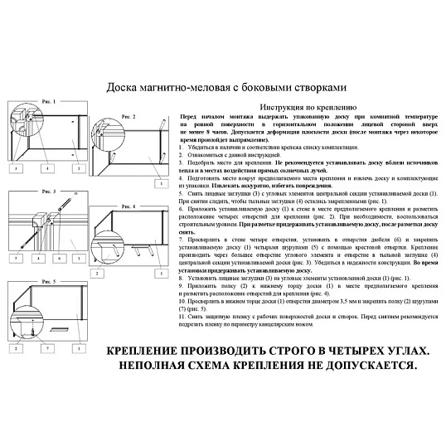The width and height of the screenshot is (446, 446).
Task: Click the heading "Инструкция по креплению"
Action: click(x=308, y=108)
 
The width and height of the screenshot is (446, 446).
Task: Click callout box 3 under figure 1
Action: click(x=17, y=168)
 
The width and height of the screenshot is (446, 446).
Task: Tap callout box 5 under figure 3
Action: click(x=17, y=259)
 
